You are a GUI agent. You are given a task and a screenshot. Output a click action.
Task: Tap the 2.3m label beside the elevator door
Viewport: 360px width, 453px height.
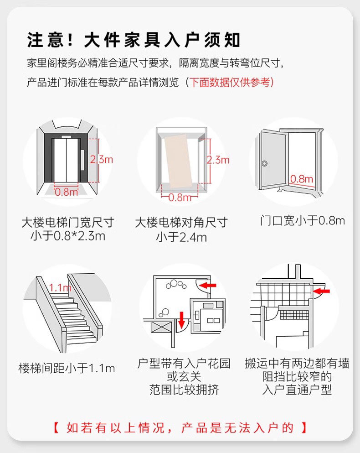click(x=101, y=159)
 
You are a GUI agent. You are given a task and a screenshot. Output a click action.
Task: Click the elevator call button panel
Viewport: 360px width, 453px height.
click(x=82, y=159)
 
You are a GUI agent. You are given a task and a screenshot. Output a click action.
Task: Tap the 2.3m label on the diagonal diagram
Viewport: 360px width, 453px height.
click(x=218, y=160)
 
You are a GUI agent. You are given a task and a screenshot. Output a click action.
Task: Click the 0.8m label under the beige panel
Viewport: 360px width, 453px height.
click(x=180, y=198)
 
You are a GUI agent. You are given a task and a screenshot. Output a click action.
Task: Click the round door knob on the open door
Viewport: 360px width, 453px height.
click(x=265, y=162)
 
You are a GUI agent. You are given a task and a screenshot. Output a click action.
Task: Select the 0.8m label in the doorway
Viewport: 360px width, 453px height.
click(x=302, y=178)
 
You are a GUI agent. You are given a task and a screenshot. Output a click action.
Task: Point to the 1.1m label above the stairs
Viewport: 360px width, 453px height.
click(x=60, y=288)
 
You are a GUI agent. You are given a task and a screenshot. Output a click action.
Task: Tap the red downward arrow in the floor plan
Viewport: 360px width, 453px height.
click(x=182, y=320)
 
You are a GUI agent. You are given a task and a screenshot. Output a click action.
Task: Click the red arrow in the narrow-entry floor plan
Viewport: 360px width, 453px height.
click(x=322, y=291)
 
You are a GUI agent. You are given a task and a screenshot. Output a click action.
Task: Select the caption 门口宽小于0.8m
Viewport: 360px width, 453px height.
click(x=302, y=221)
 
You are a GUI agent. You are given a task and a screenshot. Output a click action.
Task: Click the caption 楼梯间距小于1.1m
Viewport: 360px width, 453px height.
click(x=67, y=368)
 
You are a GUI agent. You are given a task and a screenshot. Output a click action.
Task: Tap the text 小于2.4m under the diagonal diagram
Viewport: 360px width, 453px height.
click(x=181, y=237)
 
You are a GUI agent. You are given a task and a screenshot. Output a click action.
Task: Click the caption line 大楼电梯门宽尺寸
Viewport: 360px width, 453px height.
click(x=67, y=223)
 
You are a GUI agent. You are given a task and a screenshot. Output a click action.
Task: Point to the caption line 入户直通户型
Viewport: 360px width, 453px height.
click(x=297, y=390)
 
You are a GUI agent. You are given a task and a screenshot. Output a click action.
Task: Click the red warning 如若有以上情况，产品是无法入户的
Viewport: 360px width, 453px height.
click(x=180, y=428)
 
